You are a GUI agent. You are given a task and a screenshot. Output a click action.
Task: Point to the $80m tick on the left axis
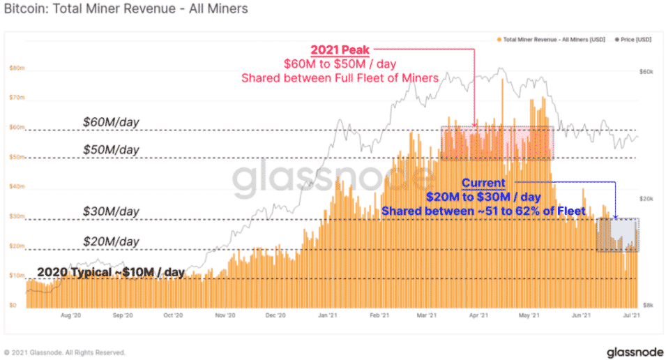17,68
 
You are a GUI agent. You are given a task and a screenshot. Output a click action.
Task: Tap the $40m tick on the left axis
17,187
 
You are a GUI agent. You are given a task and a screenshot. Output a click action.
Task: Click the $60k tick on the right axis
648,72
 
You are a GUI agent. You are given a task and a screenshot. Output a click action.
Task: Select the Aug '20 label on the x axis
71,315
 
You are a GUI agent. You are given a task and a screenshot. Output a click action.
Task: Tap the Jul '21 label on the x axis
630,315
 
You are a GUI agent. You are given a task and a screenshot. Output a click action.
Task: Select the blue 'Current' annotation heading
483,183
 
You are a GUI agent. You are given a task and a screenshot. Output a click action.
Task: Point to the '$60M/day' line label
112,122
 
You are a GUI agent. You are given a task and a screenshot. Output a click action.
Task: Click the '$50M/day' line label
112,150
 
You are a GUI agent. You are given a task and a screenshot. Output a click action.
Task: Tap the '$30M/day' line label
112,211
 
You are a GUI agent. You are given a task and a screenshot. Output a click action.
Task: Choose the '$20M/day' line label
112,241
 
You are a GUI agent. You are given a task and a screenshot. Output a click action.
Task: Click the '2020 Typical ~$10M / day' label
110,272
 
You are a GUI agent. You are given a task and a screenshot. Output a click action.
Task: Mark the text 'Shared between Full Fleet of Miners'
340,78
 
